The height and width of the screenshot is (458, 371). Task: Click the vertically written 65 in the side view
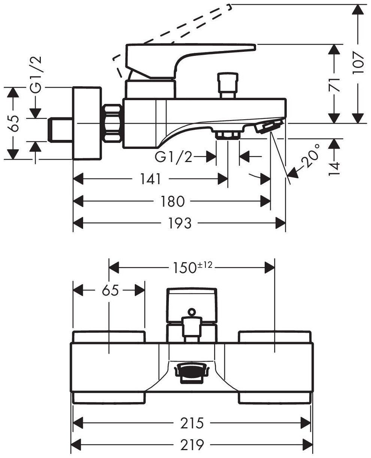(x=13, y=123)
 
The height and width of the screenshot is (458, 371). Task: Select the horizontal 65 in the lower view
(x=109, y=290)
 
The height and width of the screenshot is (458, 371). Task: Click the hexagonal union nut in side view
(x=112, y=123)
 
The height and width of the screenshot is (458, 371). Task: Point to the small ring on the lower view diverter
(x=192, y=311)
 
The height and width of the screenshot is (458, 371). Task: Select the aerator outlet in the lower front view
(x=191, y=373)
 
